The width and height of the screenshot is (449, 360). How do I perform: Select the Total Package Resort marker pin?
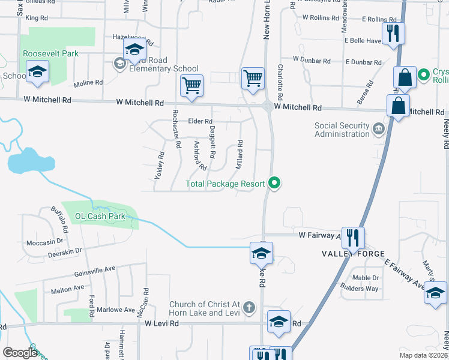pyautogui.click(x=275, y=184)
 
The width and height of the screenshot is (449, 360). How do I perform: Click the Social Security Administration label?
pyautogui.click(x=342, y=130)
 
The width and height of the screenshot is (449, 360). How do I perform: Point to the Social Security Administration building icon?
pyautogui.click(x=379, y=128)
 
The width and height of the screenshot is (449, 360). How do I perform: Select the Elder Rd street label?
pyautogui.click(x=200, y=121)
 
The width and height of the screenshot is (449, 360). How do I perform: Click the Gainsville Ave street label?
pyautogui.click(x=77, y=272)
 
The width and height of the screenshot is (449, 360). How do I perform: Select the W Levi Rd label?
pyautogui.click(x=162, y=323)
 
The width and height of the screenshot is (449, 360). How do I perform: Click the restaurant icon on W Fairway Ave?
pyautogui.click(x=353, y=238)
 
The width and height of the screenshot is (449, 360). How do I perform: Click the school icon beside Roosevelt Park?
pyautogui.click(x=37, y=73)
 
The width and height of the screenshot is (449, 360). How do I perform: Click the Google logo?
pyautogui.click(x=20, y=353)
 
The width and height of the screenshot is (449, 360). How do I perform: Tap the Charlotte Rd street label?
pyautogui.click(x=280, y=83)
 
